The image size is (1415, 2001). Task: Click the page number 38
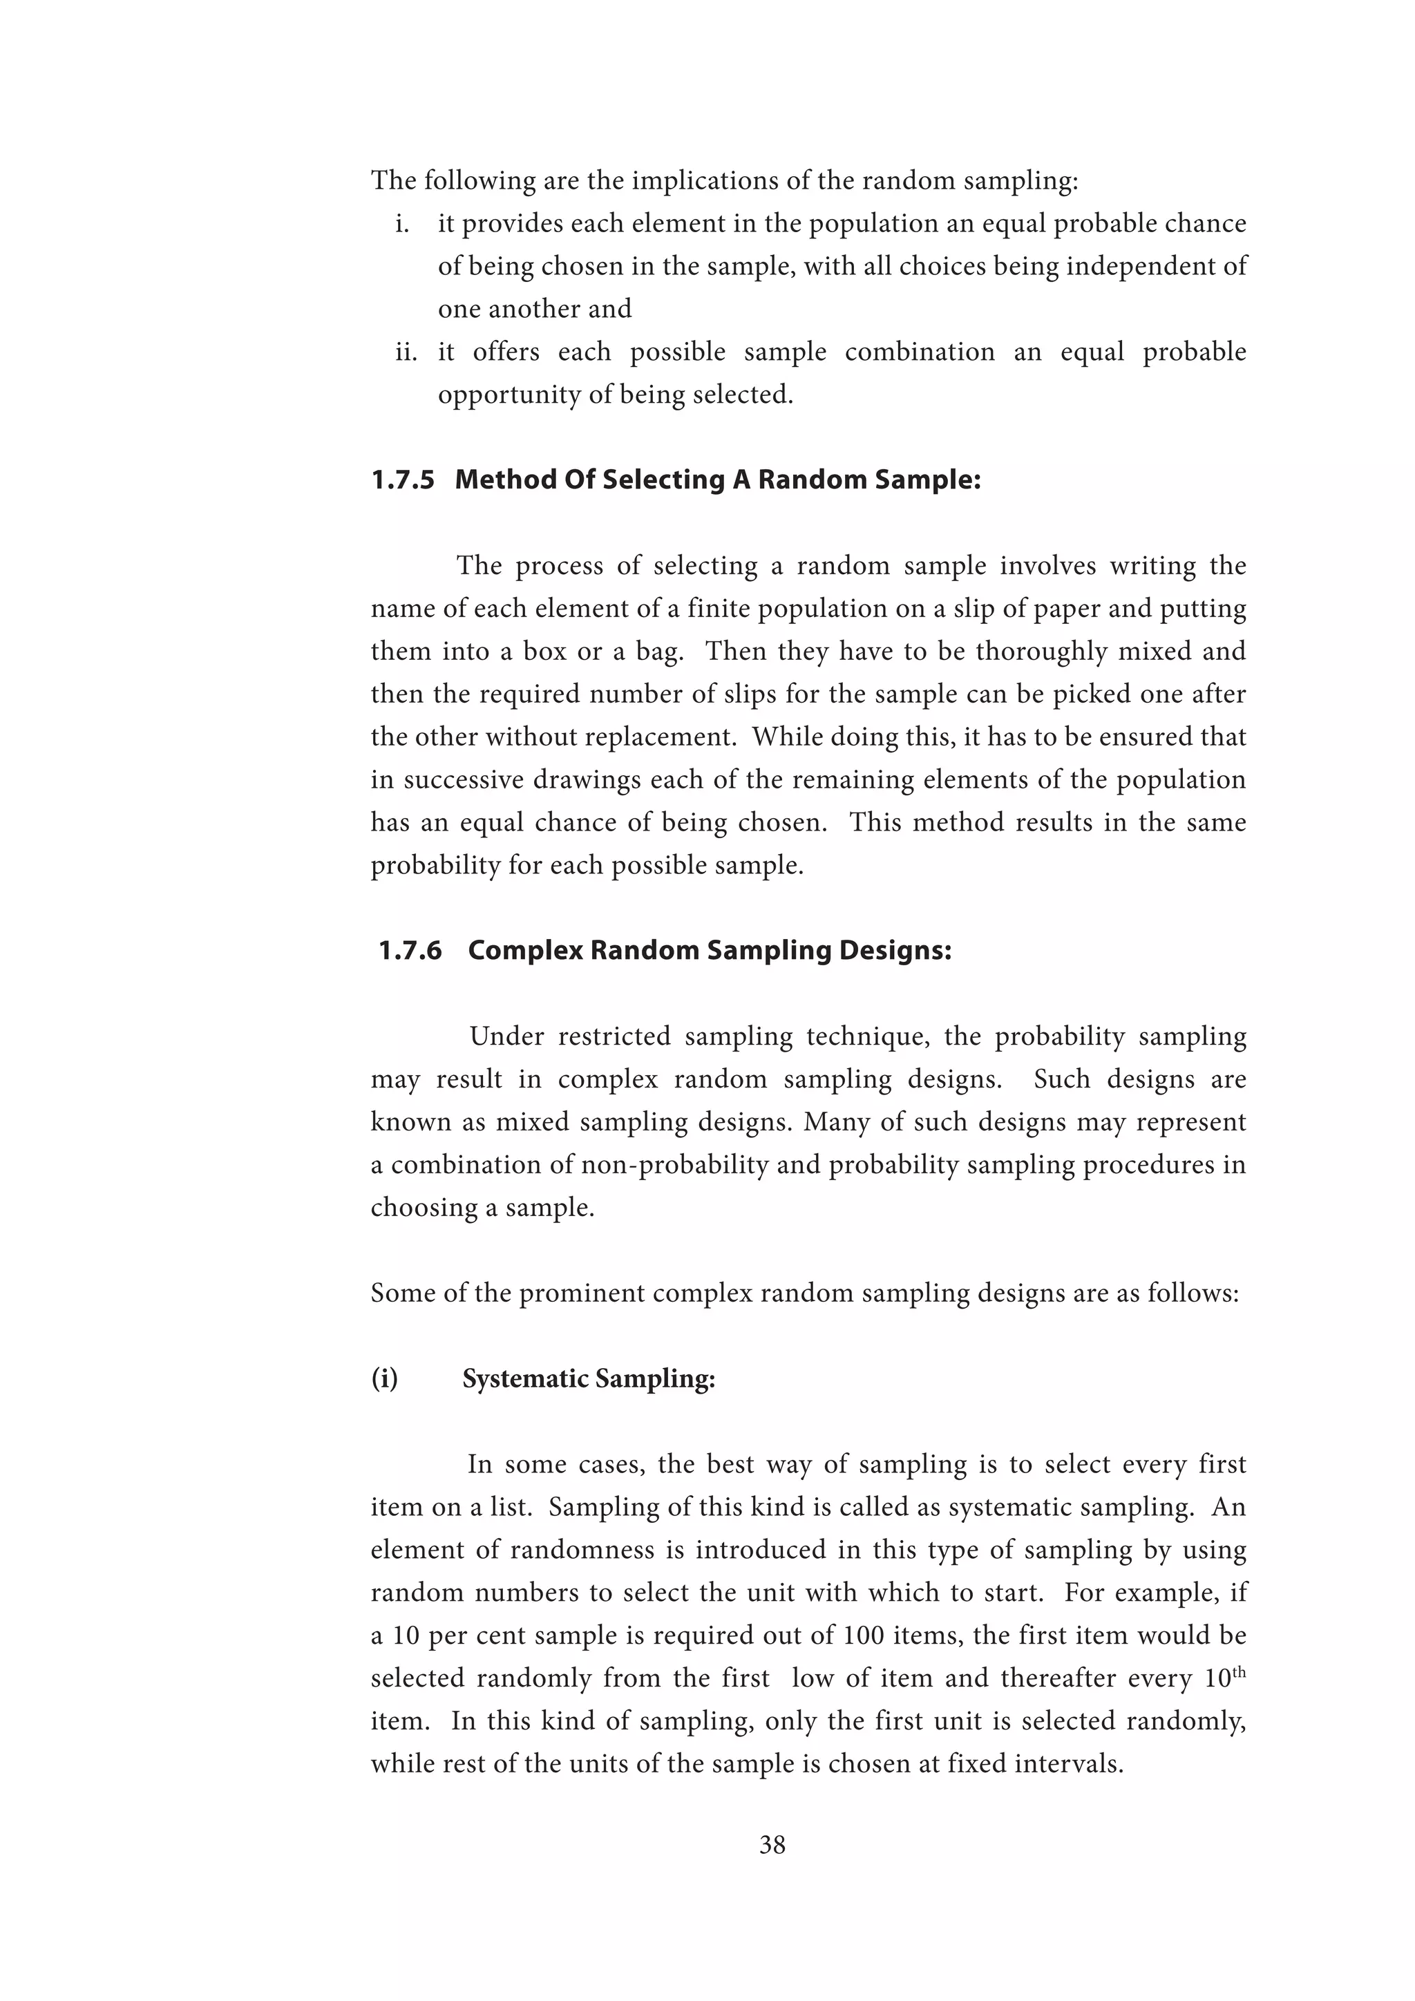click(x=772, y=1844)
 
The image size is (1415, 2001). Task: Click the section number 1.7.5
click(x=403, y=480)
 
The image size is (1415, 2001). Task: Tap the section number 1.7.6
click(x=410, y=950)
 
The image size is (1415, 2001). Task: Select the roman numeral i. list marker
click(x=403, y=224)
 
